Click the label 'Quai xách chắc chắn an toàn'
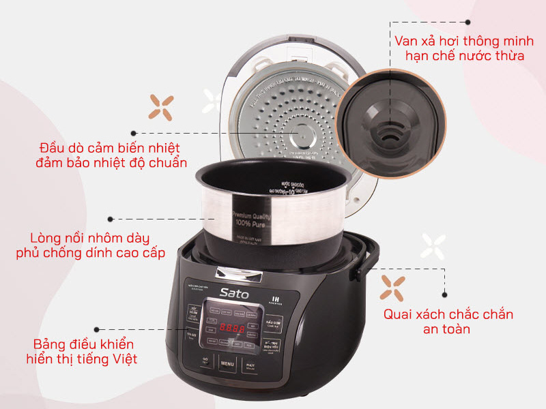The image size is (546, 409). click(x=448, y=322)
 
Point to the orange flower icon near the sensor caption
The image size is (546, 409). click(x=162, y=106)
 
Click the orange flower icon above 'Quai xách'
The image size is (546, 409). click(x=393, y=287)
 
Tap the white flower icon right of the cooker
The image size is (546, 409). click(x=433, y=246)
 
